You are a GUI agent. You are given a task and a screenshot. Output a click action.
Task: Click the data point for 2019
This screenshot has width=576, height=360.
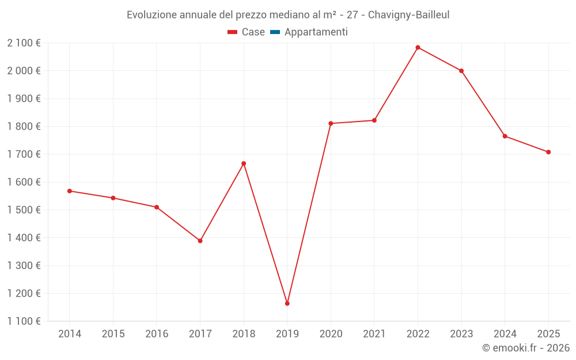coord(287,304)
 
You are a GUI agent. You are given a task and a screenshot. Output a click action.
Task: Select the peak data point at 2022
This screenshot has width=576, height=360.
coord(418,47)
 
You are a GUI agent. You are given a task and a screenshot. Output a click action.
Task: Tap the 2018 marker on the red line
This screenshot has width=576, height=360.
coord(244,164)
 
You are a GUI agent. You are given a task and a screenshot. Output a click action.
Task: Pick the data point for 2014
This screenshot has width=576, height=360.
coord(69,191)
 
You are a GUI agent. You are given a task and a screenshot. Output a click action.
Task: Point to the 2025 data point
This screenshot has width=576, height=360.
coord(548,152)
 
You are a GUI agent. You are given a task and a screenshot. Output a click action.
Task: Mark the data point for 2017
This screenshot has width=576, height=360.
coord(200,241)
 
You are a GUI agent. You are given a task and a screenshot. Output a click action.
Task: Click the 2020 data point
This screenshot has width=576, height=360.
coord(331,123)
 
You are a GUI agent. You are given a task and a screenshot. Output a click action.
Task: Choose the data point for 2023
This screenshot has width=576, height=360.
coord(461,71)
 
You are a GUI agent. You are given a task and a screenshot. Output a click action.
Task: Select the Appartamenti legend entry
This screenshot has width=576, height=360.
coord(316,32)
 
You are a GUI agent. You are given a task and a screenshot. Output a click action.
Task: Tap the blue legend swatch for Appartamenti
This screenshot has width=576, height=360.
coord(275,32)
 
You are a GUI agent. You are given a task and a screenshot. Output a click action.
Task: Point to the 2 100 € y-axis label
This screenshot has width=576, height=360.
coord(24,43)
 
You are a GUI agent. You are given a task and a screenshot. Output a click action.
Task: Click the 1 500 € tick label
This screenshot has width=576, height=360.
coord(24,210)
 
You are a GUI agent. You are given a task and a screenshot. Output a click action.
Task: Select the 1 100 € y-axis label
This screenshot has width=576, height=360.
coord(24,321)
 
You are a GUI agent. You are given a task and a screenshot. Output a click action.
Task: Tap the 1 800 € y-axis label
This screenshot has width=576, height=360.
coord(24,126)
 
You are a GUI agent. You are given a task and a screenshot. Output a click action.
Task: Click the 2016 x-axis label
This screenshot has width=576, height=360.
coord(157,334)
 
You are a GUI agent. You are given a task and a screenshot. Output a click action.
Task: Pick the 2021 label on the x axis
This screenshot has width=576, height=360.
coord(374,334)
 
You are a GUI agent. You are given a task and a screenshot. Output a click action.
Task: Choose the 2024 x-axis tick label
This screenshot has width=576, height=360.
coord(505,334)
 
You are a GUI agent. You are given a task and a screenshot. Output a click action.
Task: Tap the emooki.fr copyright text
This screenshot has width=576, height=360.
coord(525,348)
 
